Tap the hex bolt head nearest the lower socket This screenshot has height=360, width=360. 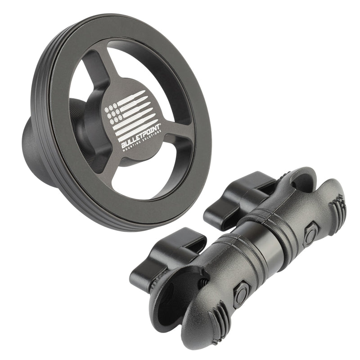coord(241,295)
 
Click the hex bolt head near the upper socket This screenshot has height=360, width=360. coord(310,234)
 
